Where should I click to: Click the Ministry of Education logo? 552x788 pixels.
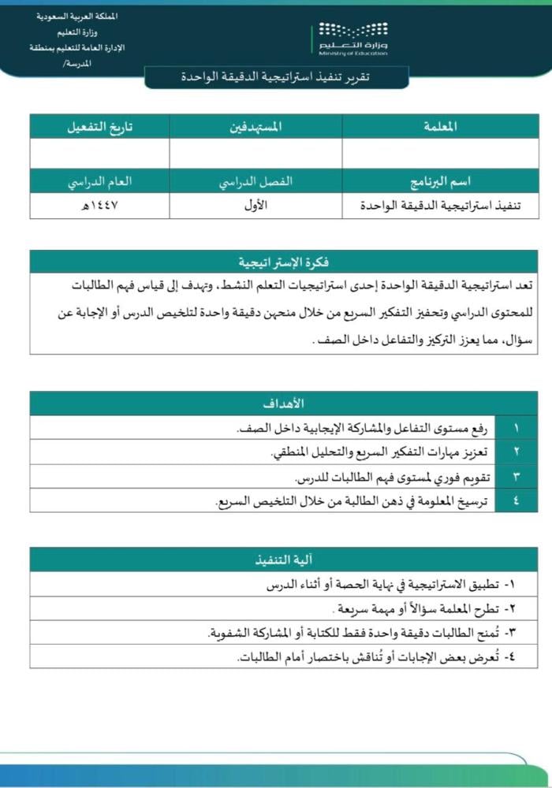(353, 39)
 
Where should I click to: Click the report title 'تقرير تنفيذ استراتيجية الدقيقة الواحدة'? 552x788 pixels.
(276, 77)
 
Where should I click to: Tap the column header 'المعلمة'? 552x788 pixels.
(440, 127)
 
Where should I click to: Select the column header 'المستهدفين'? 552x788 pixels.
(256, 127)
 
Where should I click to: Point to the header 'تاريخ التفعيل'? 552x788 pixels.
(99, 127)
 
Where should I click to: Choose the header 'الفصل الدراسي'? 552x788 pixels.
(255, 181)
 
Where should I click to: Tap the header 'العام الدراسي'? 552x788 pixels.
(99, 181)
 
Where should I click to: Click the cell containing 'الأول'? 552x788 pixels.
(255, 206)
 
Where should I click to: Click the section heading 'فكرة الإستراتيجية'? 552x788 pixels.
(284, 262)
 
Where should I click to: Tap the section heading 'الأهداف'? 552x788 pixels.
(284, 404)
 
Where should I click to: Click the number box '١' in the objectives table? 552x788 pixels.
(517, 428)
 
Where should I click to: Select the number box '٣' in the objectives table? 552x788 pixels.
(517, 477)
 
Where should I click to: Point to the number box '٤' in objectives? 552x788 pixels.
(517, 501)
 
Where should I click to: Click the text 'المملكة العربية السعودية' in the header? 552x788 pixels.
(77, 17)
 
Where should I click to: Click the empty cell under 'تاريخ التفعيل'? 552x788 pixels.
(99, 153)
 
